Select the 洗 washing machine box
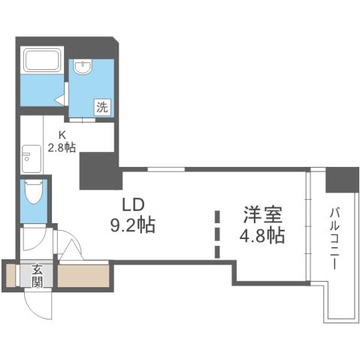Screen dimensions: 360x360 [102, 107]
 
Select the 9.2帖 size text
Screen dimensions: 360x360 [133, 225]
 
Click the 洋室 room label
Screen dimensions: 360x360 [262, 214]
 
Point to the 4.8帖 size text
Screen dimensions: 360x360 [262, 235]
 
